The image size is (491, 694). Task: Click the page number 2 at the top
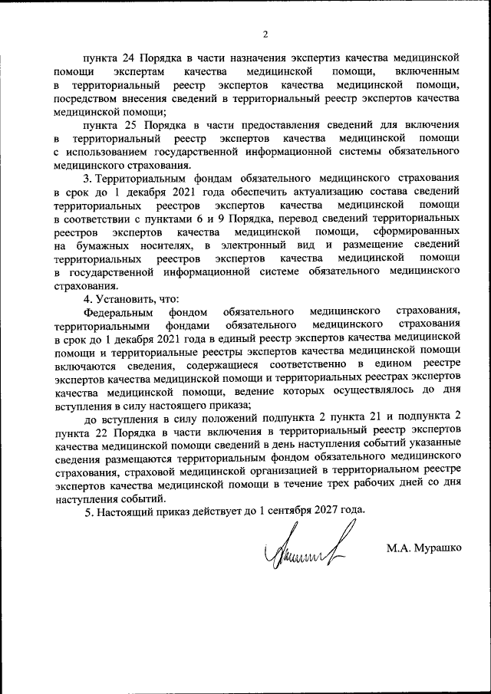coord(264,34)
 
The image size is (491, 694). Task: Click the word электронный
coord(251,245)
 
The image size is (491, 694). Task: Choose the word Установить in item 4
coord(124,299)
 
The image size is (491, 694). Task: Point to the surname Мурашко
coord(440,548)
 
